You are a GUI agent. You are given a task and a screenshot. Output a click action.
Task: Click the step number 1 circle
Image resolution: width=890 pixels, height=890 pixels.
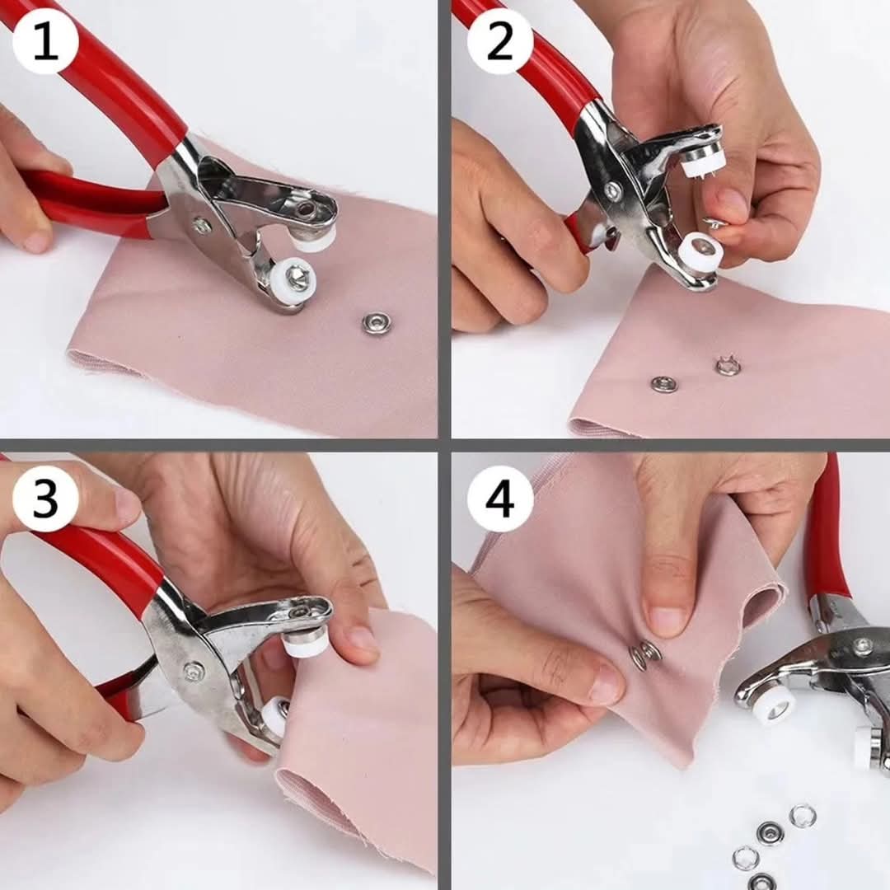click(x=44, y=42)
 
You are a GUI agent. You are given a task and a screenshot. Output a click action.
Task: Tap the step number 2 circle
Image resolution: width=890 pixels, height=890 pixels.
click(x=499, y=42)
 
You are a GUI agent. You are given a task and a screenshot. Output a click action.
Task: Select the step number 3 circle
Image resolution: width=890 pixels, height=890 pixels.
click(x=44, y=499)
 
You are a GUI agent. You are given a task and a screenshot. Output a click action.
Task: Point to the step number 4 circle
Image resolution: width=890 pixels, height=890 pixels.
click(x=500, y=499)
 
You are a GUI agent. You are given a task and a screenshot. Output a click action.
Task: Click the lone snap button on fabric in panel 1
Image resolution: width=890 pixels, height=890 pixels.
click(x=375, y=324)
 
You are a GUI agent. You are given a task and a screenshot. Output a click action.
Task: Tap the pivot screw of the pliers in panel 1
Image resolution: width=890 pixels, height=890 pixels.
click(x=199, y=225)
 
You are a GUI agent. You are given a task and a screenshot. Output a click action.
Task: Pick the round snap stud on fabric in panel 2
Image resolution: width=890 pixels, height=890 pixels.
click(x=662, y=384)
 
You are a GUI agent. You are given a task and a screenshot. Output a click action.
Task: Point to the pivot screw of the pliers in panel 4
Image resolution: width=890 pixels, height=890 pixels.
click(x=864, y=644)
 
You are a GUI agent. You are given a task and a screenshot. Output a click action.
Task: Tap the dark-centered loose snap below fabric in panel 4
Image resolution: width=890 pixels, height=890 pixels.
click(x=769, y=834)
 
